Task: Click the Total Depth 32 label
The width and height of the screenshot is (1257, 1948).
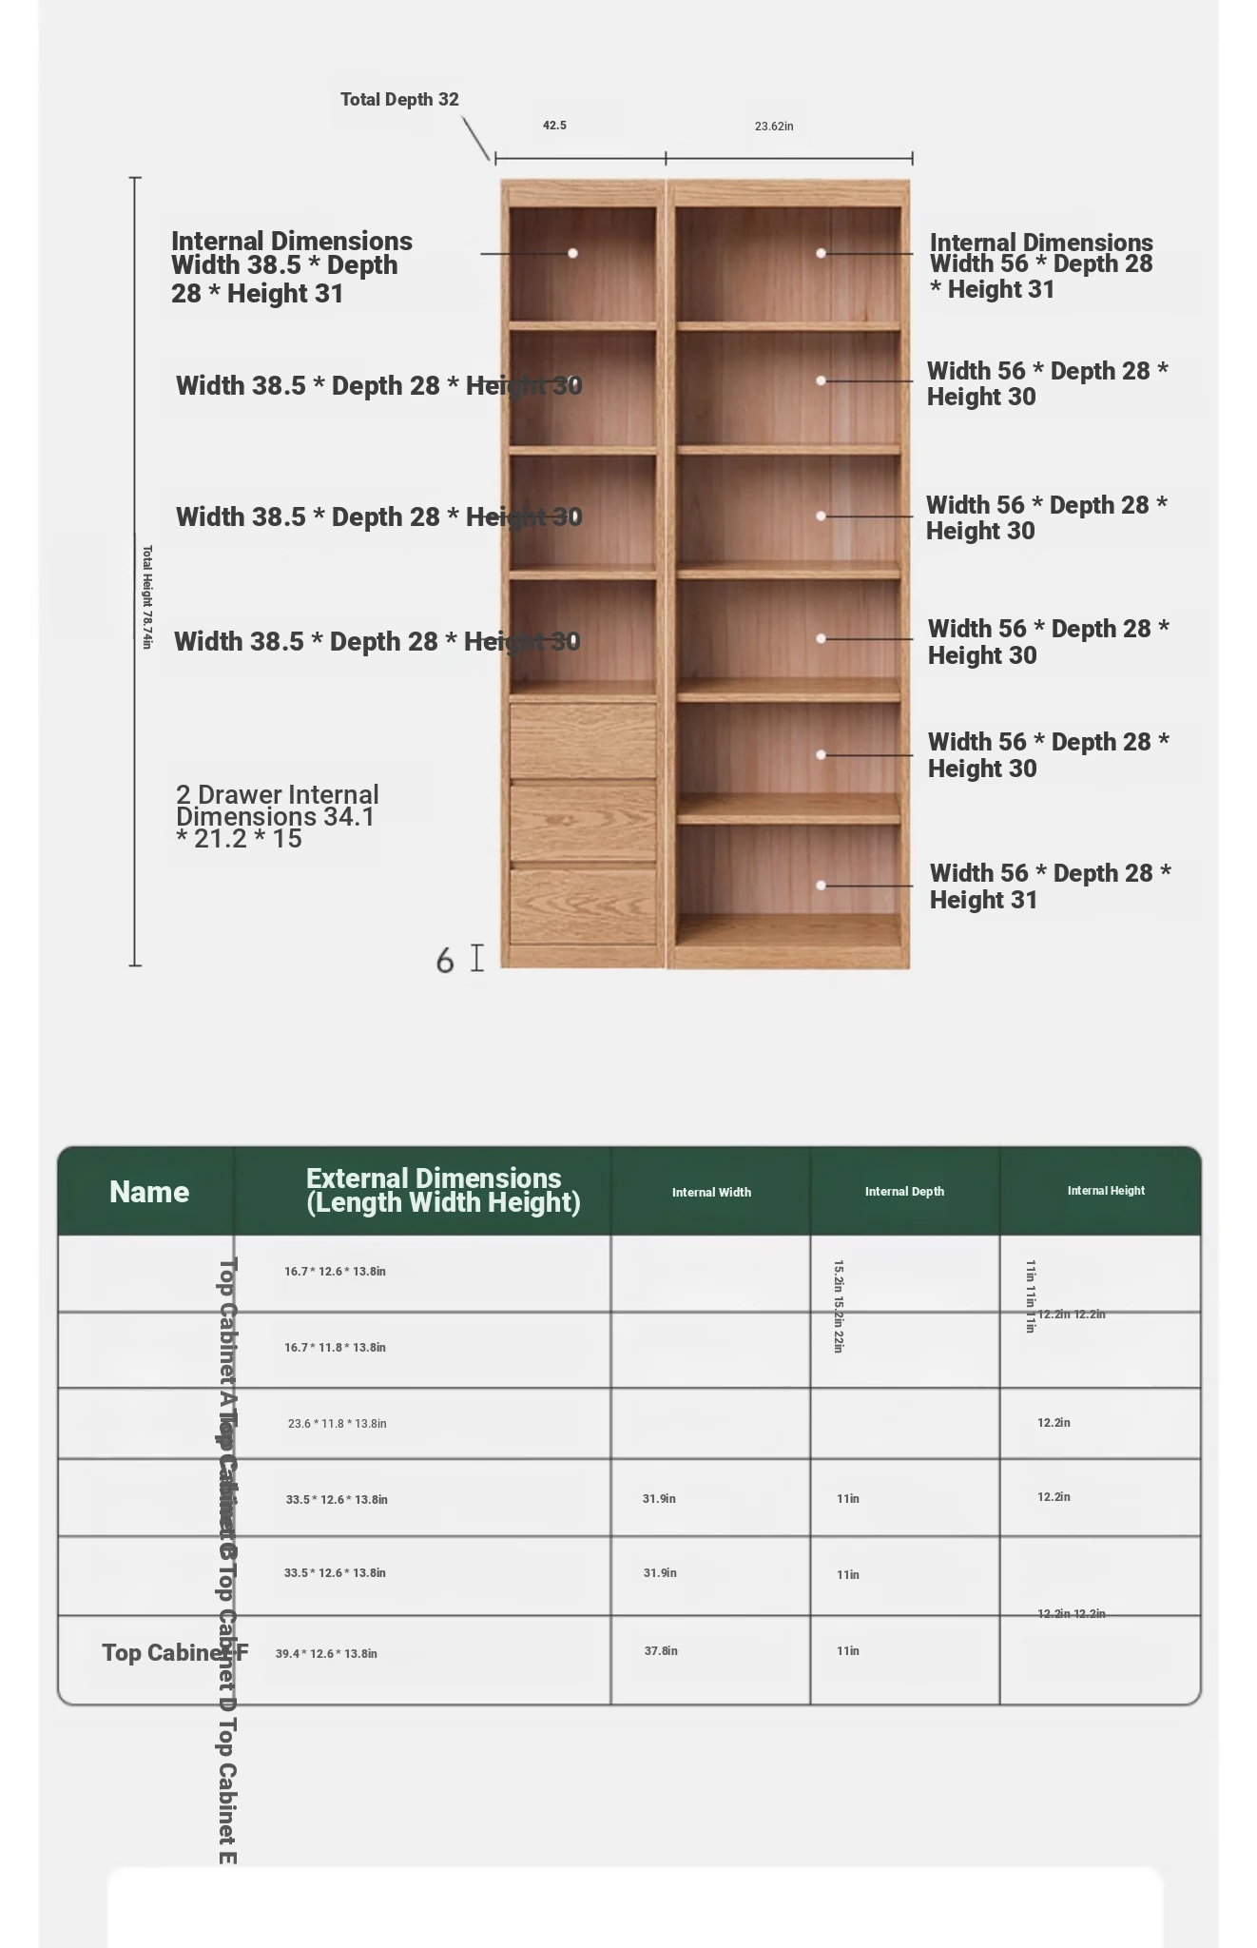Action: pyautogui.click(x=399, y=100)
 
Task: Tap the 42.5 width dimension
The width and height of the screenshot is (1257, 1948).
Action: pyautogui.click(x=554, y=126)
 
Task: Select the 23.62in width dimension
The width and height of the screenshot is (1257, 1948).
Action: pyautogui.click(x=774, y=127)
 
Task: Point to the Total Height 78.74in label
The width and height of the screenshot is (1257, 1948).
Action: pyautogui.click(x=146, y=596)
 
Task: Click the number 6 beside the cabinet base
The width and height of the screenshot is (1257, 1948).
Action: pyautogui.click(x=444, y=961)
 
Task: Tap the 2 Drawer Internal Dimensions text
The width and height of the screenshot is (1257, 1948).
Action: pyautogui.click(x=277, y=816)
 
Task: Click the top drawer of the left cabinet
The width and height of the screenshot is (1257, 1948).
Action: pyautogui.click(x=583, y=740)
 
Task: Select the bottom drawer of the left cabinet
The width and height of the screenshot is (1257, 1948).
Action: pyautogui.click(x=583, y=906)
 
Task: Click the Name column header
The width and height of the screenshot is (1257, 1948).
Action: pyautogui.click(x=148, y=1192)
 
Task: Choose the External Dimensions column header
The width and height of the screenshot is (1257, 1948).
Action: pyautogui.click(x=442, y=1190)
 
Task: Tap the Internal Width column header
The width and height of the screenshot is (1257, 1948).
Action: pyautogui.click(x=711, y=1193)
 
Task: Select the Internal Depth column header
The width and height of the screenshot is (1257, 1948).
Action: pyautogui.click(x=904, y=1192)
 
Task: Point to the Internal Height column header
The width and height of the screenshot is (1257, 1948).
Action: pyautogui.click(x=1106, y=1191)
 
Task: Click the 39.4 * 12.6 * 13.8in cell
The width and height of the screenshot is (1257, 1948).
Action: pyautogui.click(x=326, y=1654)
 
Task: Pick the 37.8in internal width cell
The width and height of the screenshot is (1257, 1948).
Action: pyautogui.click(x=661, y=1651)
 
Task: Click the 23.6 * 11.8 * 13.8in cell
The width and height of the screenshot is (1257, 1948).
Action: pyautogui.click(x=337, y=1424)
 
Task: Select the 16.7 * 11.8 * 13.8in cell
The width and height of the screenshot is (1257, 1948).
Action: pyautogui.click(x=335, y=1348)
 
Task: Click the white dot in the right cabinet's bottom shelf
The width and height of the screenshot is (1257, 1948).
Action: pyautogui.click(x=821, y=886)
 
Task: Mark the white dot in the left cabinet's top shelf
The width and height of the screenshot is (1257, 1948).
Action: pyautogui.click(x=572, y=253)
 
